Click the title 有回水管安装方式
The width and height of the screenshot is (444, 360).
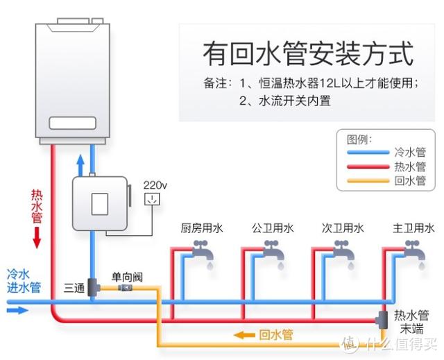coord(308,53)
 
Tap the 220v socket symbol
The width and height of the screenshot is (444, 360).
coord(152,198)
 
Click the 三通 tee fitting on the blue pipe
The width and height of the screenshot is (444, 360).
coord(92,287)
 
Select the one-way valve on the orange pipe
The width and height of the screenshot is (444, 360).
coord(125,288)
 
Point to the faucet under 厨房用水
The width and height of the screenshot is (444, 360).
coord(203,251)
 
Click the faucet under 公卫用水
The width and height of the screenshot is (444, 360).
coord(274,251)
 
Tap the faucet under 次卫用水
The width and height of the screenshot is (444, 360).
coord(344,251)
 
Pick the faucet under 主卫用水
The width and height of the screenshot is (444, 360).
coord(415,251)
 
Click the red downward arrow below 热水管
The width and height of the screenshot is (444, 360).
coord(37,238)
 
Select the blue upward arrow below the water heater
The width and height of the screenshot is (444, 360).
coord(80,165)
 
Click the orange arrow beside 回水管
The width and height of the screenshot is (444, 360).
coord(244,336)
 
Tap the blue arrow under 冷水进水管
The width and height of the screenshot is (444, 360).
coord(17,311)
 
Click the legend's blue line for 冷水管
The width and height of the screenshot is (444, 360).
coord(368,153)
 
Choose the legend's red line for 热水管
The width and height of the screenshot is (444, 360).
coord(368,166)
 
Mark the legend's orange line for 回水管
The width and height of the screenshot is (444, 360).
coord(368,180)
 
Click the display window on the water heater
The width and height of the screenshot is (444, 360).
coord(72,123)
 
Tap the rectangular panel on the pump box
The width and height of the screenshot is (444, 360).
coord(100,204)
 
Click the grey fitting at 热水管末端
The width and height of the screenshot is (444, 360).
coord(382,320)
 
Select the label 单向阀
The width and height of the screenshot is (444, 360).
coord(127,277)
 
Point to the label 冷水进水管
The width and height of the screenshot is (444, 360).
coord(24,281)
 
